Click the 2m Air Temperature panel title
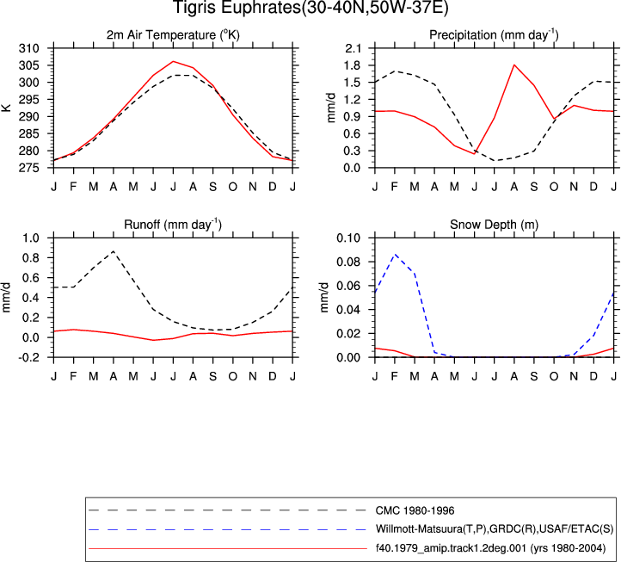(173, 35)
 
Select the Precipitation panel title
(494, 35)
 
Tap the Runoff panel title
(173, 225)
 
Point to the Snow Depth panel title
(494, 225)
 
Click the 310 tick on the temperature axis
(29, 48)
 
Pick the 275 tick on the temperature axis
(29, 168)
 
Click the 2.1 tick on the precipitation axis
(353, 48)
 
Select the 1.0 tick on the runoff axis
(31, 238)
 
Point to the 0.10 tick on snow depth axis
(348, 238)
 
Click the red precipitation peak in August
(514, 65)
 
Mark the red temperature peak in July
(173, 61)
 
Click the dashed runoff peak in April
(114, 251)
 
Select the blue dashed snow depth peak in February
(395, 255)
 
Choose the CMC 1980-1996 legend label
(415, 510)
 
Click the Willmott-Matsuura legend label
(495, 529)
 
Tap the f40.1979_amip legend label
(491, 548)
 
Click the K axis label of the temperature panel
(6, 108)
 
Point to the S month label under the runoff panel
(212, 376)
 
